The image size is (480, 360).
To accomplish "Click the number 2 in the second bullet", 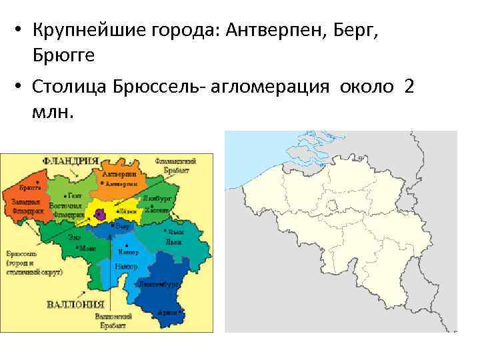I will [409, 88].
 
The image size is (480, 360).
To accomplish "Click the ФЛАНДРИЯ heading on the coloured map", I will [70, 161].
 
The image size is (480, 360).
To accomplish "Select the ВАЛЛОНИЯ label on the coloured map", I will [73, 305].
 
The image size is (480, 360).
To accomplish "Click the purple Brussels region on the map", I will [100, 213].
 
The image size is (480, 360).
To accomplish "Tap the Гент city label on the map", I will [75, 196].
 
